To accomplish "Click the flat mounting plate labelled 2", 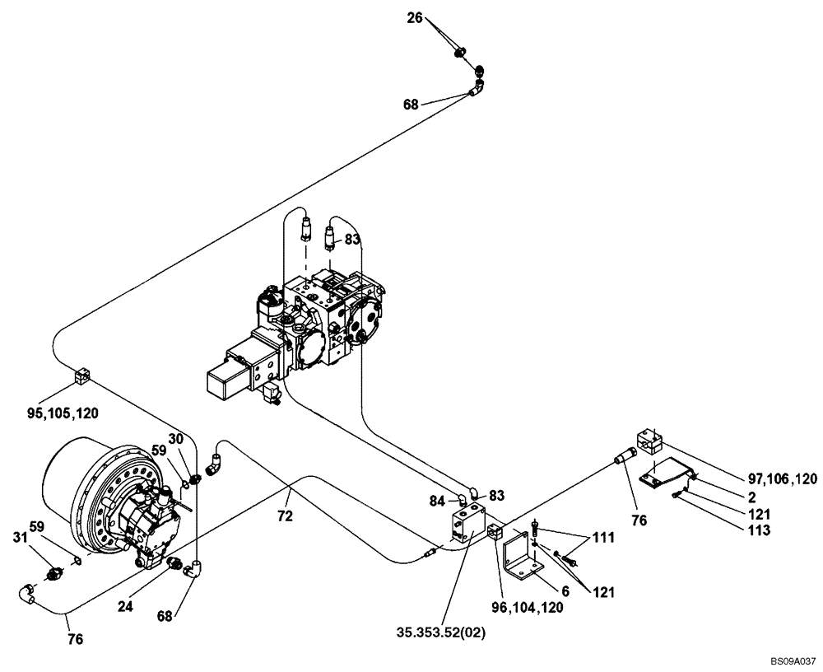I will [665, 475].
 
